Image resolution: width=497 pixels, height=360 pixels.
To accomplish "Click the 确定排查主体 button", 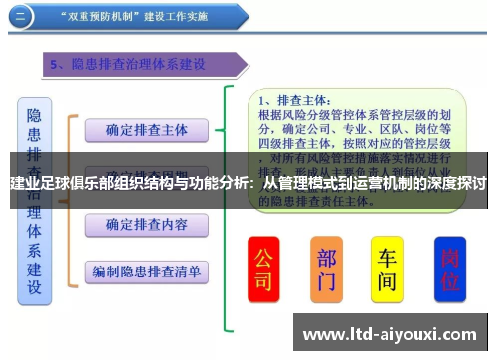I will tap(147, 129).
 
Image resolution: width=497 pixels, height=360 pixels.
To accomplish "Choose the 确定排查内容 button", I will tap(147, 223).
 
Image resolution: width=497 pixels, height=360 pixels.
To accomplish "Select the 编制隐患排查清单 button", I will tap(147, 270).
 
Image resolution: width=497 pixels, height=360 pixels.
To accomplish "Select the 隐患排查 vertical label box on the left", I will tap(35, 199).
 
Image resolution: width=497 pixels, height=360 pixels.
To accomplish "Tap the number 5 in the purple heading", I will tap(57, 65).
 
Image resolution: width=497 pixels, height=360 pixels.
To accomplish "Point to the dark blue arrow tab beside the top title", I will tap(22, 17).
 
